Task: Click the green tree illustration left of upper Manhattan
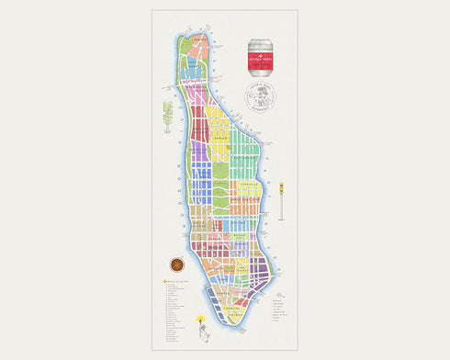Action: (168, 115)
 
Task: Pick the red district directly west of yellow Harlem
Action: (199, 115)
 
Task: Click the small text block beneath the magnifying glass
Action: (280, 308)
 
